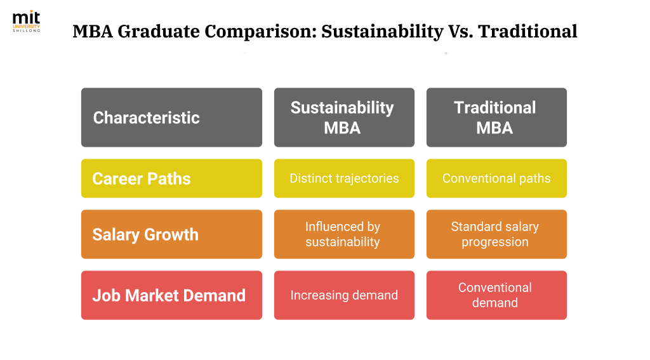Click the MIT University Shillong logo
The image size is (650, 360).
coord(26,22)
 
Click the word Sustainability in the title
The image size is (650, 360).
coord(382,32)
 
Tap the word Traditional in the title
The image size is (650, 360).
coord(527,31)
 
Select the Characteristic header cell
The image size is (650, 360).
coord(171,117)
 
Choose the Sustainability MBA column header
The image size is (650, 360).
coord(344,117)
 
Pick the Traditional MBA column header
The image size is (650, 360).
coord(496,117)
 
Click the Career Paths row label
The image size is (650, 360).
coord(171,178)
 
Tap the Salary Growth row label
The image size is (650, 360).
coord(171,234)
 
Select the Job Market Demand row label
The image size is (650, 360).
coord(171,295)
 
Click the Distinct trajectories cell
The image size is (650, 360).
coord(344,178)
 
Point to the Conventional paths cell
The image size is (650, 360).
coord(496,178)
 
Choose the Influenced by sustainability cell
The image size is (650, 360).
coord(344,234)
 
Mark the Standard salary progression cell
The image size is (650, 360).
coord(496,234)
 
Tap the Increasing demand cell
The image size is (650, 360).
coord(344,295)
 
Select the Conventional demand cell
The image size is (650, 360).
coord(496,295)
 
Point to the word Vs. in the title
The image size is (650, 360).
coord(461,32)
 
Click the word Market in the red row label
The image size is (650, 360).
coord(152,296)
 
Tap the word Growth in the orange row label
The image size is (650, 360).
coord(171,235)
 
